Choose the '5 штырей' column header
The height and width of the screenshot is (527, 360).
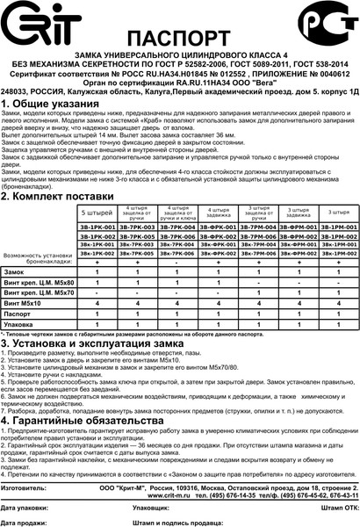[97, 212]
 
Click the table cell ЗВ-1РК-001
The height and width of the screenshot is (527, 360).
[97, 227]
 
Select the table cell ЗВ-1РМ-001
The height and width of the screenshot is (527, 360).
[335, 227]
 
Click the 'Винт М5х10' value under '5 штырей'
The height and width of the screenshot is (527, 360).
[97, 301]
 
